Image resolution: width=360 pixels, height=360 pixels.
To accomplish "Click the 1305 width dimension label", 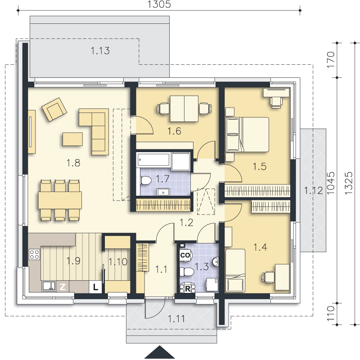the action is (x=159, y=4).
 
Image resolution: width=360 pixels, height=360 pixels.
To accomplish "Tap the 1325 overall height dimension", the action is (x=348, y=183).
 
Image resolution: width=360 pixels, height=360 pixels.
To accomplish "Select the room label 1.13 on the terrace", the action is (x=100, y=51).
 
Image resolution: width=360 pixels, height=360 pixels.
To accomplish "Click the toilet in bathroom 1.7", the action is (x=146, y=180).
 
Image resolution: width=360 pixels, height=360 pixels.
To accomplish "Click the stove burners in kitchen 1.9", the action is (x=35, y=254).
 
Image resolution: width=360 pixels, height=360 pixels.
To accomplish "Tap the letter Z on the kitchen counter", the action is (x=63, y=287).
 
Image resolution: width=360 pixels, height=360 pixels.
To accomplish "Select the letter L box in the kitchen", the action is (x=95, y=287).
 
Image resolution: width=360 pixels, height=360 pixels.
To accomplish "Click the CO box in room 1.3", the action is (x=185, y=255).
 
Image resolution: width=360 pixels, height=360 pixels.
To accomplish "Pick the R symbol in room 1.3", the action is (x=188, y=288).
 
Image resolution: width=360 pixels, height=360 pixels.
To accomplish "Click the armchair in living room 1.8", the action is (x=54, y=109).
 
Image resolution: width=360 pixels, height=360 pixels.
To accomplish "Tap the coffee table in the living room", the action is (x=72, y=139).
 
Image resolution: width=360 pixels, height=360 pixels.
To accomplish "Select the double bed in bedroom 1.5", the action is (x=247, y=135).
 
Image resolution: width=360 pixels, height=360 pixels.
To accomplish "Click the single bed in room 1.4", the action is (x=235, y=270).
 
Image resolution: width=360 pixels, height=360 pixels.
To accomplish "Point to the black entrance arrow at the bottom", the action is (x=159, y=352).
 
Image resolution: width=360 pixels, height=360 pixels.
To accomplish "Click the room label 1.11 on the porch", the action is (x=176, y=319).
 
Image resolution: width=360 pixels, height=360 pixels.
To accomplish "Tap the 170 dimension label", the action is (x=331, y=60).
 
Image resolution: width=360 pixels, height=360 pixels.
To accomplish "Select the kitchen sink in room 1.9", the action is (x=49, y=286).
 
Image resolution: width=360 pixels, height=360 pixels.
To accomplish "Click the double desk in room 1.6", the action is (x=184, y=108).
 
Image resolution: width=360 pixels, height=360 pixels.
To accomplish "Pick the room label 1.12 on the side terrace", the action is (x=314, y=190).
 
